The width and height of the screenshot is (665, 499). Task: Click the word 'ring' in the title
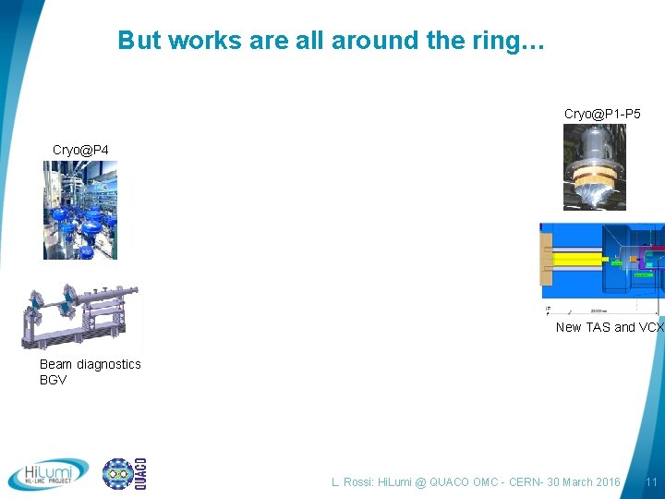click(500, 41)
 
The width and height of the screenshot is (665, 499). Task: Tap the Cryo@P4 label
click(80, 150)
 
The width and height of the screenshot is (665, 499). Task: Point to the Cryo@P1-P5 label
click(602, 114)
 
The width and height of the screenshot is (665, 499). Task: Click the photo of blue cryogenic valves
click(80, 210)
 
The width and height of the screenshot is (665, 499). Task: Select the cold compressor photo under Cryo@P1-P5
click(595, 167)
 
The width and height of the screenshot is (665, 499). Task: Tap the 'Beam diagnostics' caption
click(91, 364)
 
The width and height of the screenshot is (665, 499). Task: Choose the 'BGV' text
click(54, 380)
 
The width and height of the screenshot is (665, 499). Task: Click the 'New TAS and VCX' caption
click(609, 327)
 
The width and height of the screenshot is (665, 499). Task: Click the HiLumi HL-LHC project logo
click(49, 474)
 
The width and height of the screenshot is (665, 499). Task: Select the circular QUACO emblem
click(117, 474)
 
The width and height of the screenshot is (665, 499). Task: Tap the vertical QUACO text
click(140, 474)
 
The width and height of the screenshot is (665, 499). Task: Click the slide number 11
click(651, 482)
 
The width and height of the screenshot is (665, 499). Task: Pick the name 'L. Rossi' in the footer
click(353, 482)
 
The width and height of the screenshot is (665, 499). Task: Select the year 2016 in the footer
click(605, 482)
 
